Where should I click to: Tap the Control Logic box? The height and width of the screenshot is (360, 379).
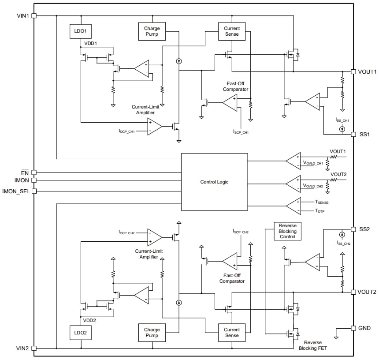(x=214, y=182)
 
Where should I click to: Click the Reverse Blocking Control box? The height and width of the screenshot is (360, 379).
(x=287, y=231)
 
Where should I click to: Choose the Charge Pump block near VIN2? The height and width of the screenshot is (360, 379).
(x=152, y=333)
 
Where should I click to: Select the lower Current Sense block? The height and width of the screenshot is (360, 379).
(x=231, y=333)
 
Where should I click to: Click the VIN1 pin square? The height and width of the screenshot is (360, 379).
(x=34, y=15)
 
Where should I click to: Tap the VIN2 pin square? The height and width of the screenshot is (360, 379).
(x=34, y=348)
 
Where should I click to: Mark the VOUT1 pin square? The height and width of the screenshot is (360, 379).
(x=353, y=71)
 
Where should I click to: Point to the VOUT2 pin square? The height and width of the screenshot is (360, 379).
(x=353, y=292)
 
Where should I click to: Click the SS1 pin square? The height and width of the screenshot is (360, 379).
(x=353, y=134)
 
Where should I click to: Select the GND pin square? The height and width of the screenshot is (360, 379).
(x=353, y=328)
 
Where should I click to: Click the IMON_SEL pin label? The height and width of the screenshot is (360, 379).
(x=16, y=191)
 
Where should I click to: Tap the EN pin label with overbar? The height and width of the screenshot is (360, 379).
(x=25, y=172)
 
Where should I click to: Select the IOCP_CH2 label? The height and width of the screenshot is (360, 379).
(x=126, y=232)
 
